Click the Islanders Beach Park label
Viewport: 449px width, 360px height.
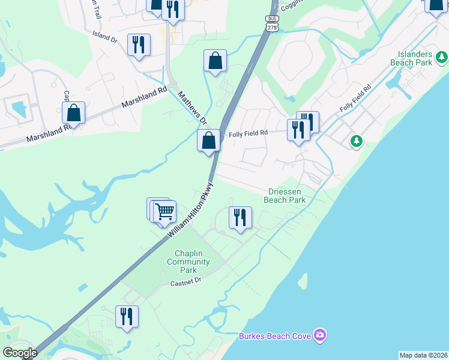point(411,58)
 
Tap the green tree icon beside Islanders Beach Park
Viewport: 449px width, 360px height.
point(442,58)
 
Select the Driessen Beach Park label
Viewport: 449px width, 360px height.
point(285,196)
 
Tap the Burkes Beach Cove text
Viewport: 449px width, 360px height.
point(275,336)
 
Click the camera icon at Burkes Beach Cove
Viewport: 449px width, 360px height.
point(320,335)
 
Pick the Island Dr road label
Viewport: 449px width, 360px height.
point(105,38)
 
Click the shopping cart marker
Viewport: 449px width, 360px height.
point(164,212)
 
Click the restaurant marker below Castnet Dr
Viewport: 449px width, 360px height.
point(127,316)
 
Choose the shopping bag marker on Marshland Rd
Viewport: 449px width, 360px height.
point(73,112)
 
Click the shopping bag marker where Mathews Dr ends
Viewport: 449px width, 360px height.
point(209,141)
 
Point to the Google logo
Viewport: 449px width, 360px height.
point(19,353)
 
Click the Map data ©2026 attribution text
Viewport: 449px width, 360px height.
point(423,355)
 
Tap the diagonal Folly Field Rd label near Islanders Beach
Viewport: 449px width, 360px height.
point(355,98)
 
